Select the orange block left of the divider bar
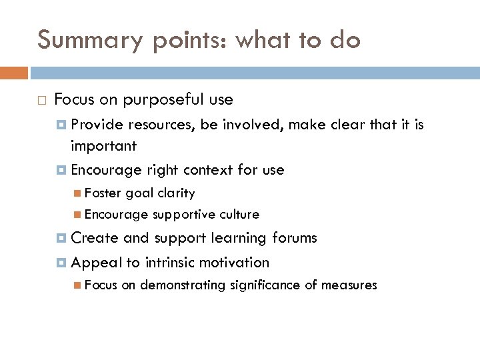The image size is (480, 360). (x=14, y=72)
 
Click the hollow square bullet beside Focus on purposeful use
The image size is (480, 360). (x=41, y=101)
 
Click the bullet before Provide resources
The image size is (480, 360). (x=62, y=125)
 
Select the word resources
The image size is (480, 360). (x=158, y=125)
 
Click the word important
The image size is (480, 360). (x=103, y=145)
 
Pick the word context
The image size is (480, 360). (x=208, y=170)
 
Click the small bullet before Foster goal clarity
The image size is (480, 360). (x=79, y=193)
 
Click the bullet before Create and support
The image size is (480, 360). (x=62, y=238)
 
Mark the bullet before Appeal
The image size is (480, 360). (x=62, y=263)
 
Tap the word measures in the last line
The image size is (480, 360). (x=351, y=285)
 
